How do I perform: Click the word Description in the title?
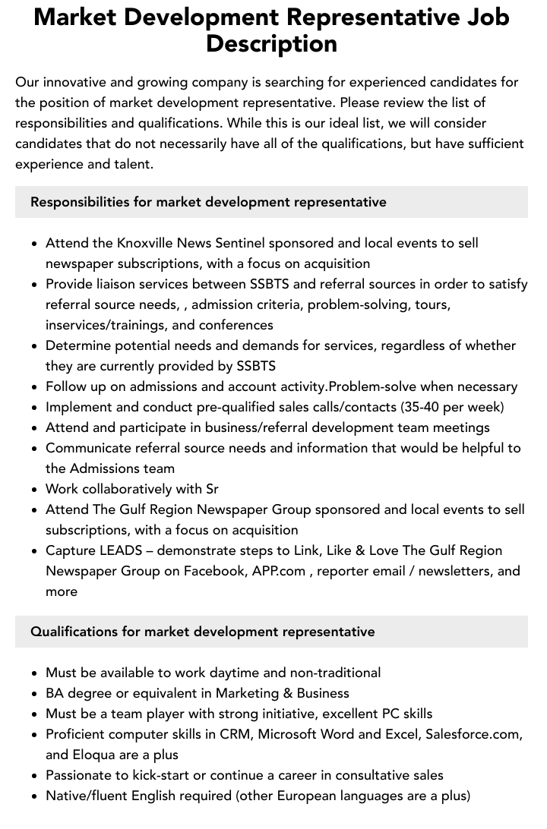[271, 43]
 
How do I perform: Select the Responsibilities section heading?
[208, 202]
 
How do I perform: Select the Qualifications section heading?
[202, 632]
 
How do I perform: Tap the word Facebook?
[214, 571]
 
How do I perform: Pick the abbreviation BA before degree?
[55, 693]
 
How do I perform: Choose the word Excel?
[400, 734]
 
